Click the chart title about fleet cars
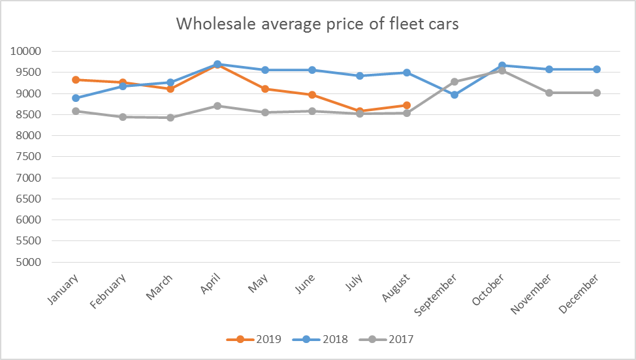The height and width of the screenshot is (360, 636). tap(317, 24)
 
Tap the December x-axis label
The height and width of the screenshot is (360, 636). tap(582, 289)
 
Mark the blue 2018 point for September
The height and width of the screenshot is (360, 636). tap(454, 95)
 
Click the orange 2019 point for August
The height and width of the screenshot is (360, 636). tap(407, 105)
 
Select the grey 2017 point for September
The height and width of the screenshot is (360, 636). tap(454, 82)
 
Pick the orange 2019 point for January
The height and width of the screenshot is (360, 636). tap(76, 80)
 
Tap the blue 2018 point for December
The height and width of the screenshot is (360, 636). tap(597, 69)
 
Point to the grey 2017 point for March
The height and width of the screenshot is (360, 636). tap(170, 118)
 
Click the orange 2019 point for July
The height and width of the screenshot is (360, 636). tap(360, 111)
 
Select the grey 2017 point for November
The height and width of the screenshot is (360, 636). tap(549, 93)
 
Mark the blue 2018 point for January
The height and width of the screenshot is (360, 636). tap(76, 98)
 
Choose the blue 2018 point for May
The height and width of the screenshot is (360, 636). tap(265, 70)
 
